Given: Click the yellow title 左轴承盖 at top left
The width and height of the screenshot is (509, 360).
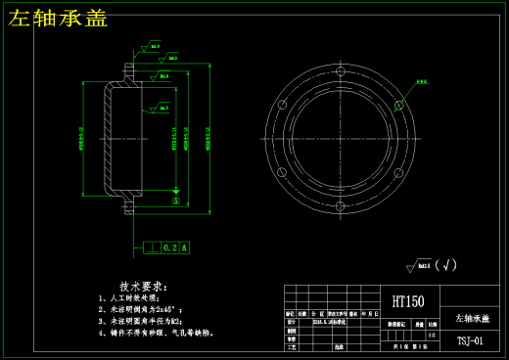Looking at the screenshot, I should (58, 18).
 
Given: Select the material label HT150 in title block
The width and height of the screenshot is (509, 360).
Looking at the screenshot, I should (408, 302).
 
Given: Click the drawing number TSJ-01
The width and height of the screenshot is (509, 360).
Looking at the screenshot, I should (470, 341).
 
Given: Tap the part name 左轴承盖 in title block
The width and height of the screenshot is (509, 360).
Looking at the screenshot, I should (473, 319).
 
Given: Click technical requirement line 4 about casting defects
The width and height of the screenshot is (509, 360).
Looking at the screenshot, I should (156, 333).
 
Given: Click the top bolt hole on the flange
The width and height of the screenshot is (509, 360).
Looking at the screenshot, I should (340, 71).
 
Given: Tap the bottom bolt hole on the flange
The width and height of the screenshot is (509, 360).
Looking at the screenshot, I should (340, 206).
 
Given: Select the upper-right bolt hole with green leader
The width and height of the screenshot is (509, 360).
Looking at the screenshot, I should (398, 105).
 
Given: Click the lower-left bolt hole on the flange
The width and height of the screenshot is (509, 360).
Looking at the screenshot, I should (282, 173).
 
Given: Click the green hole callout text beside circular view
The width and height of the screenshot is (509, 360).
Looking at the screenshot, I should (422, 82).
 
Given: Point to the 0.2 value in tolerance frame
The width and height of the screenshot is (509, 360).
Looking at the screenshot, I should (169, 248).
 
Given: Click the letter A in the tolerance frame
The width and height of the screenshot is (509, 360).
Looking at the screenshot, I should (184, 248).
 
